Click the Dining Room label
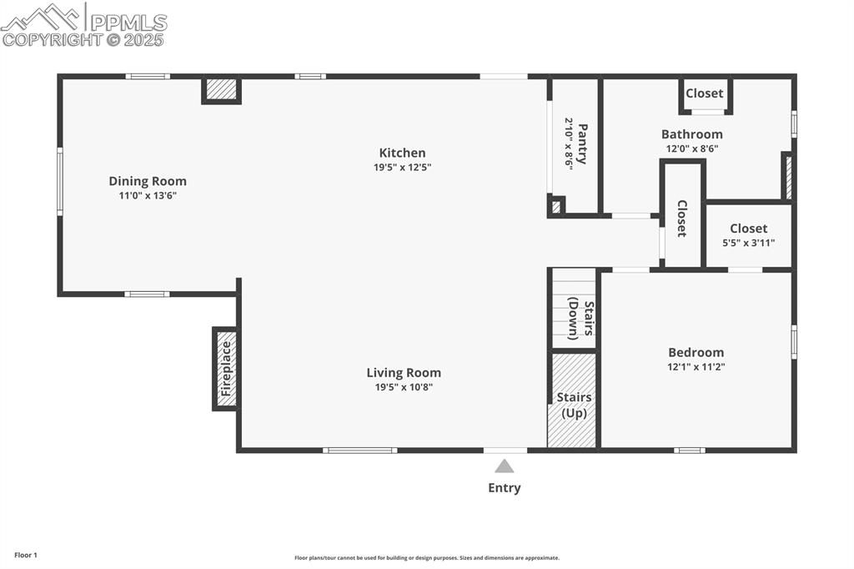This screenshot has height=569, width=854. (148, 181)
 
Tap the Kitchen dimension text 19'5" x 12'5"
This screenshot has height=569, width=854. (402, 167)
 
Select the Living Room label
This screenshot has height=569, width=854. (404, 373)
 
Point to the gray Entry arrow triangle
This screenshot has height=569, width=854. (504, 466)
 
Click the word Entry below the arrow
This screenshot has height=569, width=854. (504, 488)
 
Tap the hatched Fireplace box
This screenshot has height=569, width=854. (226, 369)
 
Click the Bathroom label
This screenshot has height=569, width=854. (691, 134)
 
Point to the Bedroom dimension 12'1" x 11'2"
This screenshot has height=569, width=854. (696, 366)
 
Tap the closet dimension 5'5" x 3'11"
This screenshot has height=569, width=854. (748, 243)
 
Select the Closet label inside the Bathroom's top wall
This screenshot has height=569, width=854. (705, 93)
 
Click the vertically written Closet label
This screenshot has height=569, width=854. (682, 218)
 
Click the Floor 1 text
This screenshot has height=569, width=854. (26, 555)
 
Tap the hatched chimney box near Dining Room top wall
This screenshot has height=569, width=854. (221, 88)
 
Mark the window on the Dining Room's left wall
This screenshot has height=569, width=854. (59, 181)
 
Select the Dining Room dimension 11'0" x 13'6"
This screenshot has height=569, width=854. (148, 195)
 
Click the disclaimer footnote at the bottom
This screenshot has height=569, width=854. (426, 558)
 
